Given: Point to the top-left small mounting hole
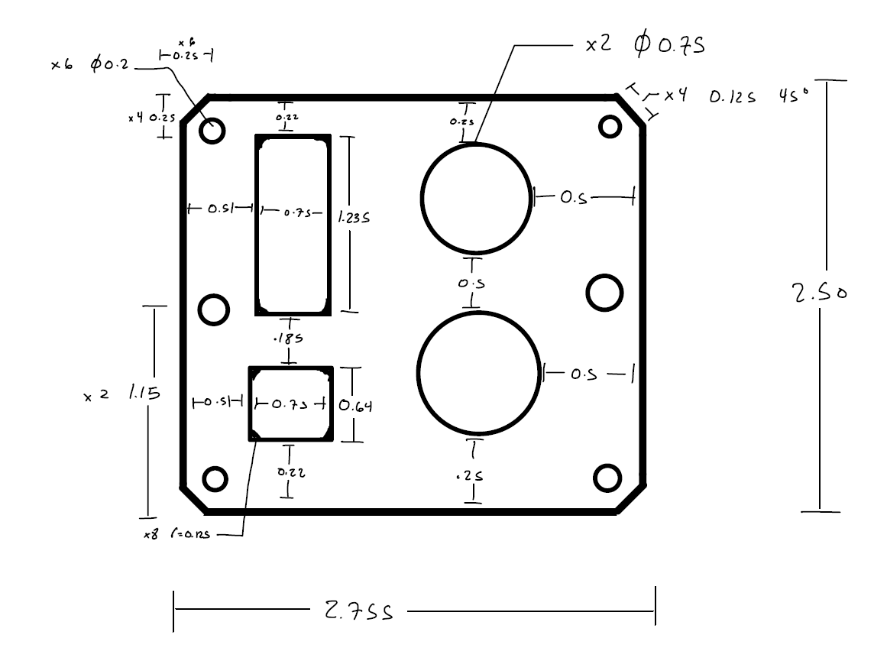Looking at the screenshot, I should pos(213,131).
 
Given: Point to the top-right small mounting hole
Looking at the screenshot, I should pos(610,126).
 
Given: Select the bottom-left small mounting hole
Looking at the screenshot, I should pos(215,479).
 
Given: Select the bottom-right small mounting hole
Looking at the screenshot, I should pos(607,477).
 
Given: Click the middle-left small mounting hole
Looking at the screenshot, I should pos(213,309).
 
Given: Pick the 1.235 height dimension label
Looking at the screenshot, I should pos(354,218).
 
